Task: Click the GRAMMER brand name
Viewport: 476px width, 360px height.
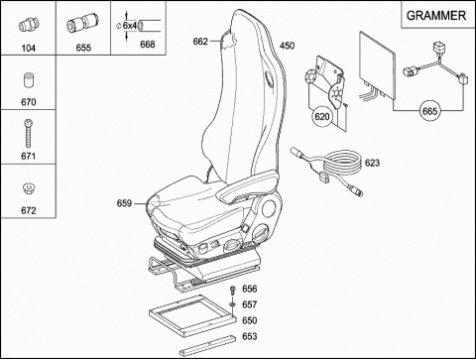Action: click(436, 16)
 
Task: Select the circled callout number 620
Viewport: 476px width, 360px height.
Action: click(322, 116)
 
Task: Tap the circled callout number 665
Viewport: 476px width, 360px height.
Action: click(429, 111)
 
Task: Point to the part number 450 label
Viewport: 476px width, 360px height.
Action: click(287, 46)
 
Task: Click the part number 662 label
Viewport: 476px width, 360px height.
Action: click(200, 42)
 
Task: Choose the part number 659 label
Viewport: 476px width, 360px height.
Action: click(124, 203)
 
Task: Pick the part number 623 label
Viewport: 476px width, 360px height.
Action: click(372, 163)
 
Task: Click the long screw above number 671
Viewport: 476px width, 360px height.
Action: click(29, 134)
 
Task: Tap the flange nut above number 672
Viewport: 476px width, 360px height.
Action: click(28, 188)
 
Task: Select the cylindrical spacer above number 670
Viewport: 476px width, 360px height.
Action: click(29, 80)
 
